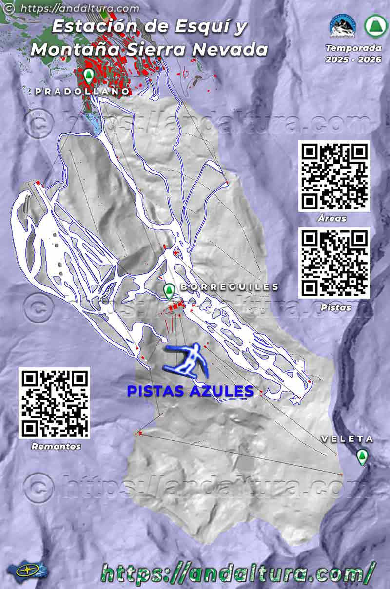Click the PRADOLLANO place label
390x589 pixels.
pyautogui.click(x=82, y=91)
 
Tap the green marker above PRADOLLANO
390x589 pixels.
pyautogui.click(x=88, y=76)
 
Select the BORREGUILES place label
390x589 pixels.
pyautogui.click(x=229, y=287)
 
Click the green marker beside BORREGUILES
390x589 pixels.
pyautogui.click(x=169, y=291)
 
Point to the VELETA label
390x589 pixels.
pyautogui.click(x=347, y=439)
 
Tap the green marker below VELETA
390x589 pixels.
pyautogui.click(x=362, y=456)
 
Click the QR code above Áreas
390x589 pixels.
pyautogui.click(x=334, y=176)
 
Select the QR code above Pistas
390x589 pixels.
pyautogui.click(x=334, y=263)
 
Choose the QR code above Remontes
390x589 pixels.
pyautogui.click(x=54, y=403)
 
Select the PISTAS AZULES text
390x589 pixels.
pyautogui.click(x=190, y=391)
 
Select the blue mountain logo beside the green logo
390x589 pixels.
pyautogui.click(x=342, y=26)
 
